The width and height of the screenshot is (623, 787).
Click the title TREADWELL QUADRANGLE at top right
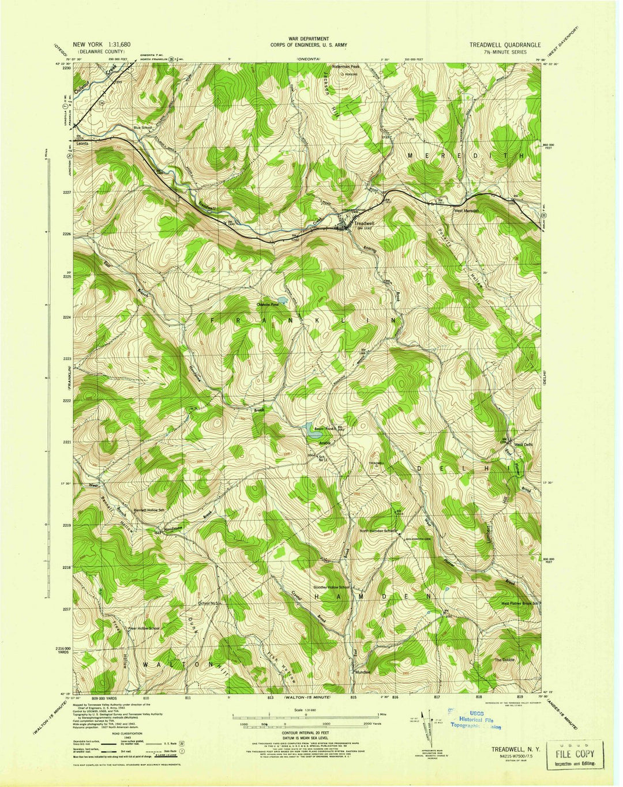click(505, 44)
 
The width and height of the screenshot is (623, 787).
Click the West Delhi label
click(524, 445)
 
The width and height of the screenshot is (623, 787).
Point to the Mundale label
click(363, 672)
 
